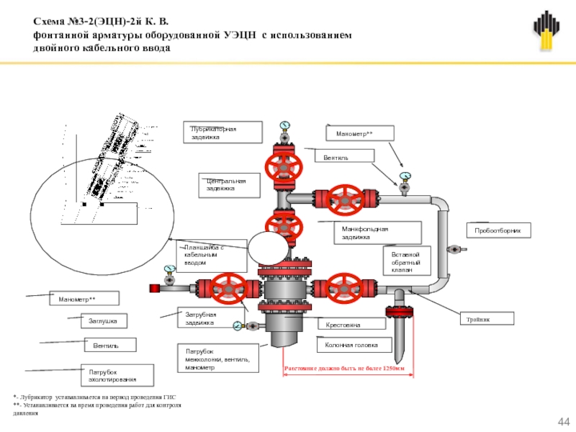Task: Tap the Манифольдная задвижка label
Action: pyautogui.click(x=364, y=233)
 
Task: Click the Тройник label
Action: pyautogui.click(x=487, y=318)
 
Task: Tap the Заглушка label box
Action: pyautogui.click(x=103, y=320)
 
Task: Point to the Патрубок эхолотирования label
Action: pyautogui.click(x=117, y=374)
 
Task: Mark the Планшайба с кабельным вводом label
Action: pyautogui.click(x=204, y=255)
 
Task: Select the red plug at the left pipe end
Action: pyautogui.click(x=154, y=289)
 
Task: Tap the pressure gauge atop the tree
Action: pyautogui.click(x=286, y=125)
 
